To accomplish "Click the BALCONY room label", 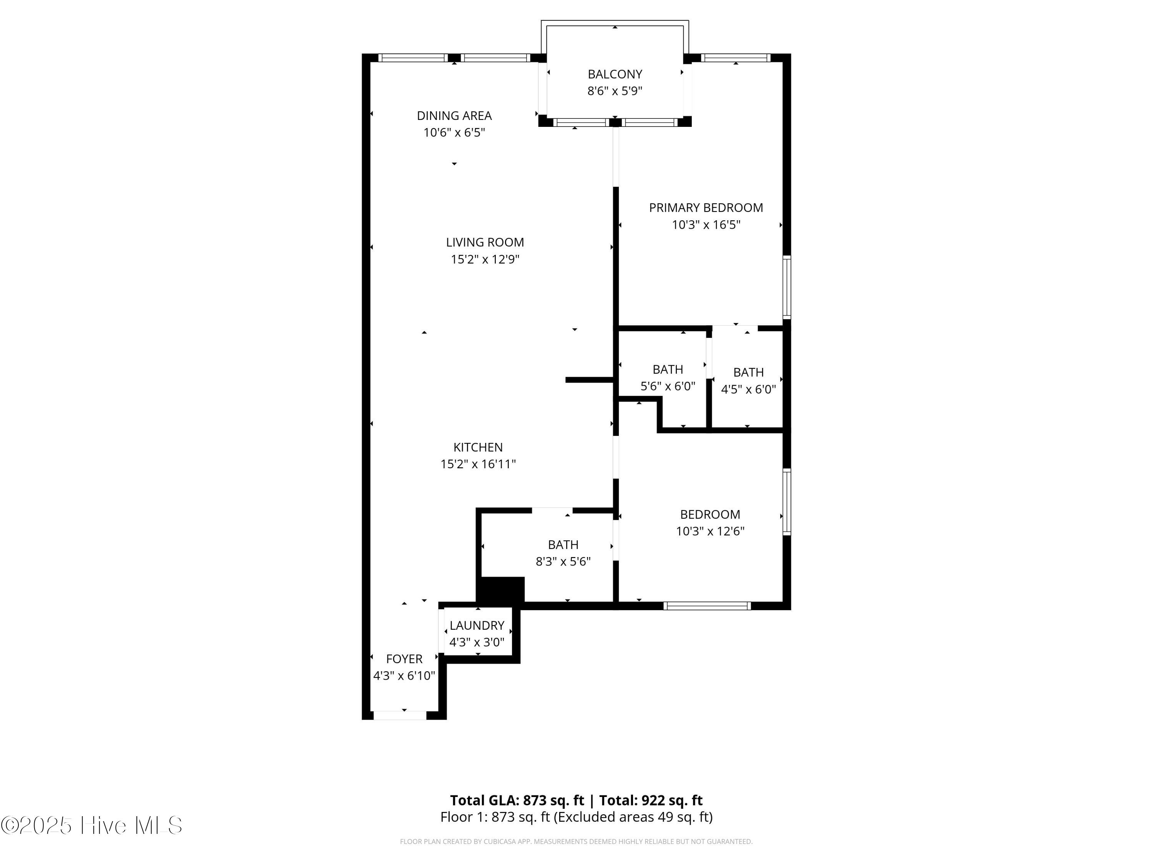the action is (615, 74).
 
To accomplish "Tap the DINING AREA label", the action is (454, 115).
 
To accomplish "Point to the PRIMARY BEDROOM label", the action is (706, 208).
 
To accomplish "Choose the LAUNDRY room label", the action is (477, 625).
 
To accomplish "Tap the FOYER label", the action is (404, 659).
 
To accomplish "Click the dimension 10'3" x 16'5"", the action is (706, 225).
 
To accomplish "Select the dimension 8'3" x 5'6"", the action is (563, 562).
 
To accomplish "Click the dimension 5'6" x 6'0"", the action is (668, 386).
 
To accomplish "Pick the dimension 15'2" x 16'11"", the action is (478, 464).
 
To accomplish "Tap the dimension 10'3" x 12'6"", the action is (710, 531).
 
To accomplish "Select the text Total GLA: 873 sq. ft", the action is (517, 800).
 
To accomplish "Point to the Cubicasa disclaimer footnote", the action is (576, 841).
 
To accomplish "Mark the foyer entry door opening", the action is (400, 715).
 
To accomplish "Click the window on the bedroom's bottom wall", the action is (707, 605).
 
